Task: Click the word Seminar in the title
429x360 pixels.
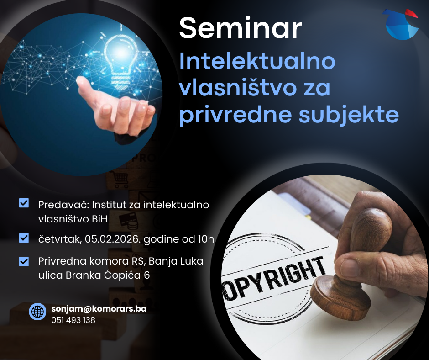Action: pyautogui.click(x=241, y=28)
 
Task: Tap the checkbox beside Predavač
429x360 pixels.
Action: pyautogui.click(x=24, y=203)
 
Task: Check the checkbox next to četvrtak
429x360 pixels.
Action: pyautogui.click(x=24, y=238)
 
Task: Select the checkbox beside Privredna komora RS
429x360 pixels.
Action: pyautogui.click(x=24, y=261)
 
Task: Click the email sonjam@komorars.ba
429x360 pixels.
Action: pyautogui.click(x=99, y=309)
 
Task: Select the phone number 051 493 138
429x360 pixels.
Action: pyautogui.click(x=73, y=320)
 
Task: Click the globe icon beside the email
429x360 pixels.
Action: pyautogui.click(x=37, y=312)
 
